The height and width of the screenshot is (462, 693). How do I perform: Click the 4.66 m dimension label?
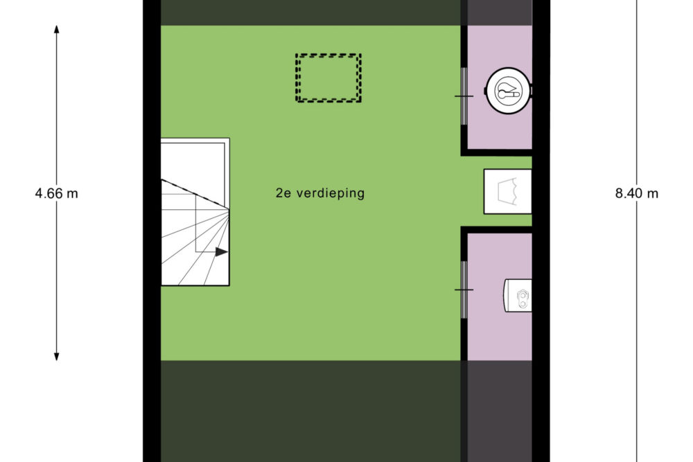point(57,193)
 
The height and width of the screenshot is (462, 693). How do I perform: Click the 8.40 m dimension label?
point(636,193)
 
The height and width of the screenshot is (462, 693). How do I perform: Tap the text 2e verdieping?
point(320,193)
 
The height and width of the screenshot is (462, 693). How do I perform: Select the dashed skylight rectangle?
point(328,55)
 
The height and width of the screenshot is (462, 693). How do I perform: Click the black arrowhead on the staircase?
point(222,252)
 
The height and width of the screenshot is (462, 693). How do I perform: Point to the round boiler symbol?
point(508,91)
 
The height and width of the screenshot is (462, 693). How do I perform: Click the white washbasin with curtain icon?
point(507,191)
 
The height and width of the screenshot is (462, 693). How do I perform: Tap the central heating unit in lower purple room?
point(518,295)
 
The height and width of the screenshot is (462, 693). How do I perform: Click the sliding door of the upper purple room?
point(464,96)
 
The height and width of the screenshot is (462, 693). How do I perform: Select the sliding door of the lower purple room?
point(464,290)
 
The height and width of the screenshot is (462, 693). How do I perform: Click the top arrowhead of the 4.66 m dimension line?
point(57,30)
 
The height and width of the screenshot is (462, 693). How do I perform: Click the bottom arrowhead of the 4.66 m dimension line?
point(57,356)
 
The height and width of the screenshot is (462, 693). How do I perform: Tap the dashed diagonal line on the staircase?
point(195,193)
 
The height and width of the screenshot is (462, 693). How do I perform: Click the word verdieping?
point(331,193)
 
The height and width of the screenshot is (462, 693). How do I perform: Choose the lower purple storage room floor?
point(486,336)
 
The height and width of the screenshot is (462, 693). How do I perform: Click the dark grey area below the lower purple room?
point(500,411)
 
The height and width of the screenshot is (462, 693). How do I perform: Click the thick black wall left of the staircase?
point(152,212)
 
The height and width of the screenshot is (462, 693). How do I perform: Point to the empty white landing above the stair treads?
point(193,161)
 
